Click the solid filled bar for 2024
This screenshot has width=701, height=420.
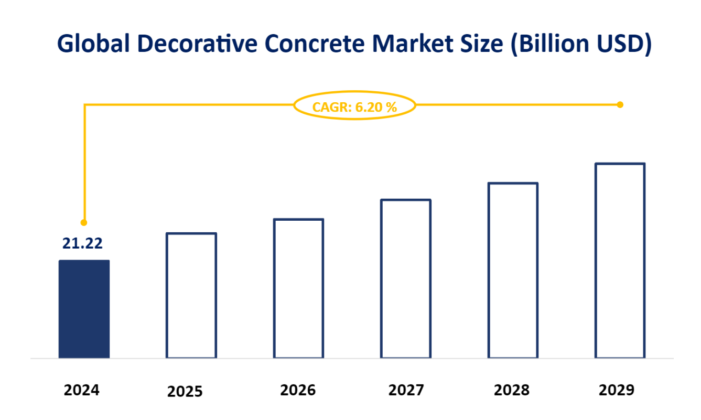coord(84,309)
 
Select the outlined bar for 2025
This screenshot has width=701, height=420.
coord(191,295)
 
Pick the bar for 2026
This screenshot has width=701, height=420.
coord(299,288)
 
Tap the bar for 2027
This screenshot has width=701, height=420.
coord(406,278)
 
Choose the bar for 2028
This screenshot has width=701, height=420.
coord(513,270)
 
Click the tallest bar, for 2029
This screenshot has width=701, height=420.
coord(620,261)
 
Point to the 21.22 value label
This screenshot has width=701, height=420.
coord(82,243)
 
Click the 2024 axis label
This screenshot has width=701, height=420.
coord(82,390)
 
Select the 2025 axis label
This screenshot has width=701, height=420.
coord(185,392)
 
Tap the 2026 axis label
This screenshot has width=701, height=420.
coord(298,390)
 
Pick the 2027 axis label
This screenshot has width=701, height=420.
coord(406,390)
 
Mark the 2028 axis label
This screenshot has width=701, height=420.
coord(512,390)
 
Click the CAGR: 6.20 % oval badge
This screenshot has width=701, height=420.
coord(355,106)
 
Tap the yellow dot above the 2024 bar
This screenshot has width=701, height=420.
coord(84,222)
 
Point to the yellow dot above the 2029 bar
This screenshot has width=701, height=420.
coord(620,105)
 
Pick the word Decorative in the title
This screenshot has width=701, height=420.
coord(198,44)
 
